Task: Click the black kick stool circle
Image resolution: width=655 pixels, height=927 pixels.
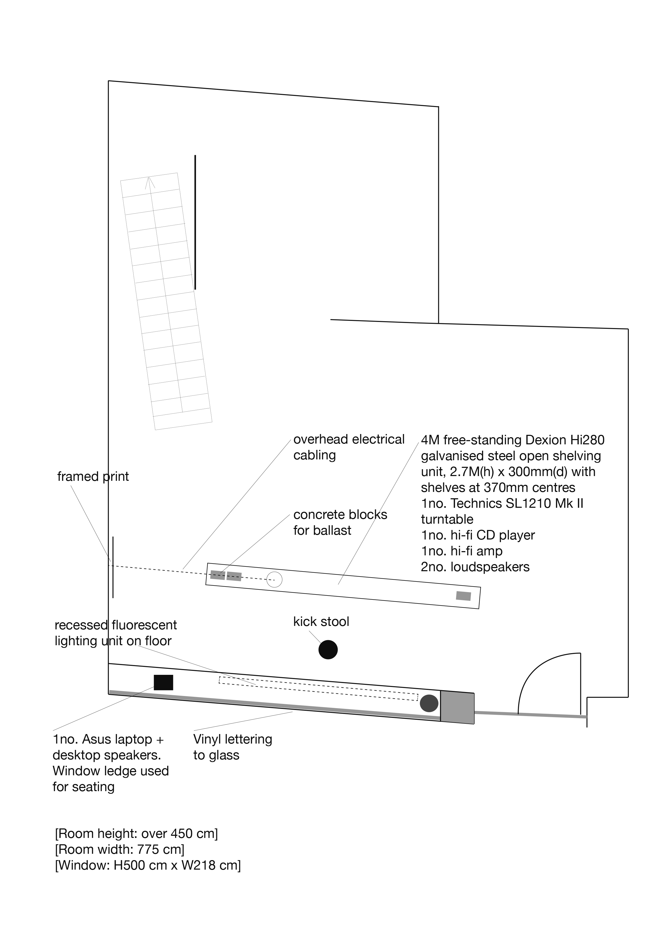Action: (x=328, y=650)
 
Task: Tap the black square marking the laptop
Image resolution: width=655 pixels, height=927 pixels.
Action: (x=163, y=682)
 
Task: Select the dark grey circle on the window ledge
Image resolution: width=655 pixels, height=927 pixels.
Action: (x=429, y=703)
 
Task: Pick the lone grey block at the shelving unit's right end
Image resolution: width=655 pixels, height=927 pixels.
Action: (x=464, y=596)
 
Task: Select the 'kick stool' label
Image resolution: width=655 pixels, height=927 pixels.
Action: (x=321, y=621)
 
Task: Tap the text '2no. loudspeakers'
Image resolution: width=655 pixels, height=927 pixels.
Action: (x=475, y=567)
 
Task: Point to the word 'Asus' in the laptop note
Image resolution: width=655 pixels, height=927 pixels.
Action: (x=99, y=739)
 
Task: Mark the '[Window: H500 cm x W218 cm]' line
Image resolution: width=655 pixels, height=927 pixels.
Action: (x=148, y=866)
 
